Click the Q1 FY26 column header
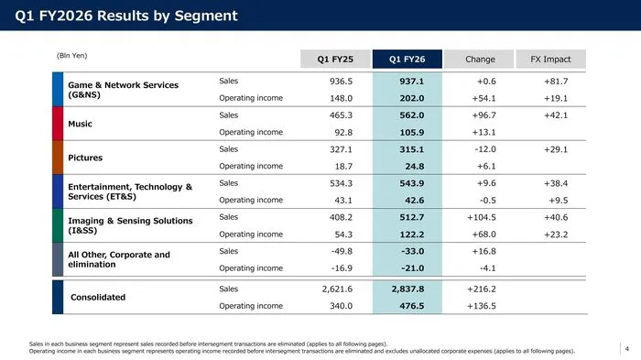407,60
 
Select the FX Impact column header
550,60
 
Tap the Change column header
479,60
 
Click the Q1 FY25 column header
335,60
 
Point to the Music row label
81,124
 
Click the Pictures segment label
85,158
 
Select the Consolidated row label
98,297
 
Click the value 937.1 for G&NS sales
412,81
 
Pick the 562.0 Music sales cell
412,115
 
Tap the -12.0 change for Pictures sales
485,149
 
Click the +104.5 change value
482,217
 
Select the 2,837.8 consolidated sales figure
407,289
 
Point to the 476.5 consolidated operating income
412,306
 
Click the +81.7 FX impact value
556,81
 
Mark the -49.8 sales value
342,251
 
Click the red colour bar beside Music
58,124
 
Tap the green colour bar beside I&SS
58,225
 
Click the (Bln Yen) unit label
72,56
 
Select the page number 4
626,349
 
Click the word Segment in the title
206,16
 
